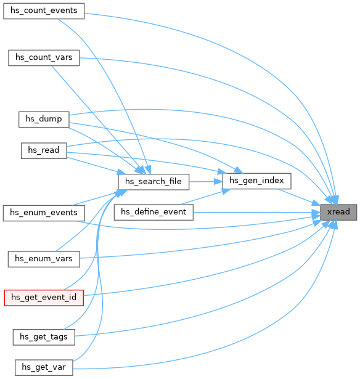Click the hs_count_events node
44,11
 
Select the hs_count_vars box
44,58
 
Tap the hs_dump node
44,120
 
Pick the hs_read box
44,150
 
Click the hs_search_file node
153,182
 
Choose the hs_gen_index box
256,181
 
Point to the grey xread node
338,212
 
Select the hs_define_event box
153,212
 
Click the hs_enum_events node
44,213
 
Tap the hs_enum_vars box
44,259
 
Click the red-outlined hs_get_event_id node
44,298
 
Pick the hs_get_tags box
44,337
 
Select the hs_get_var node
44,368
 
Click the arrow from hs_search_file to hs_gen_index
206,182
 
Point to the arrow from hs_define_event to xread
257,213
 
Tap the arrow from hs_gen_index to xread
300,197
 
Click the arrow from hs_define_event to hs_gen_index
206,197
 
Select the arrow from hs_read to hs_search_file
96,166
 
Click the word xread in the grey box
338,212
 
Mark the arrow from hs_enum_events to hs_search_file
100,197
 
